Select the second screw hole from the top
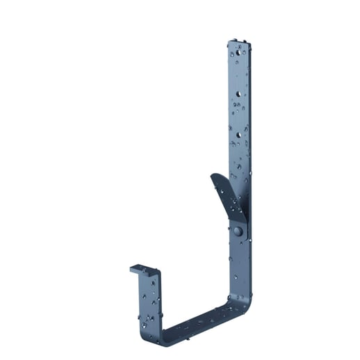pos(238,92)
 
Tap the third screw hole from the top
pos(238,134)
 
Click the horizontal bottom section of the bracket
pos(198,322)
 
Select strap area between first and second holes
pos(238,72)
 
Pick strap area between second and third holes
pos(238,113)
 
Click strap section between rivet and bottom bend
pos(240,268)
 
